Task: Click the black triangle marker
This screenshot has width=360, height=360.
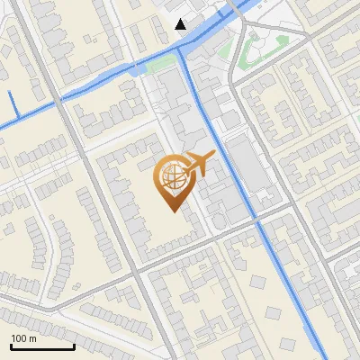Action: pyautogui.click(x=181, y=24)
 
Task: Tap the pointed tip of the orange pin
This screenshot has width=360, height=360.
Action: pyautogui.click(x=170, y=210)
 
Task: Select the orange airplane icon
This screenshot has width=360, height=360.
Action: pyautogui.click(x=198, y=163)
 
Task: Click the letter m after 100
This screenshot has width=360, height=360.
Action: pyautogui.click(x=33, y=338)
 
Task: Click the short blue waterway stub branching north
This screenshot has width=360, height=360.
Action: pyautogui.click(x=13, y=103)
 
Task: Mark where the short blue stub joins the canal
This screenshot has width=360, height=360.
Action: pyautogui.click(x=16, y=121)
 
